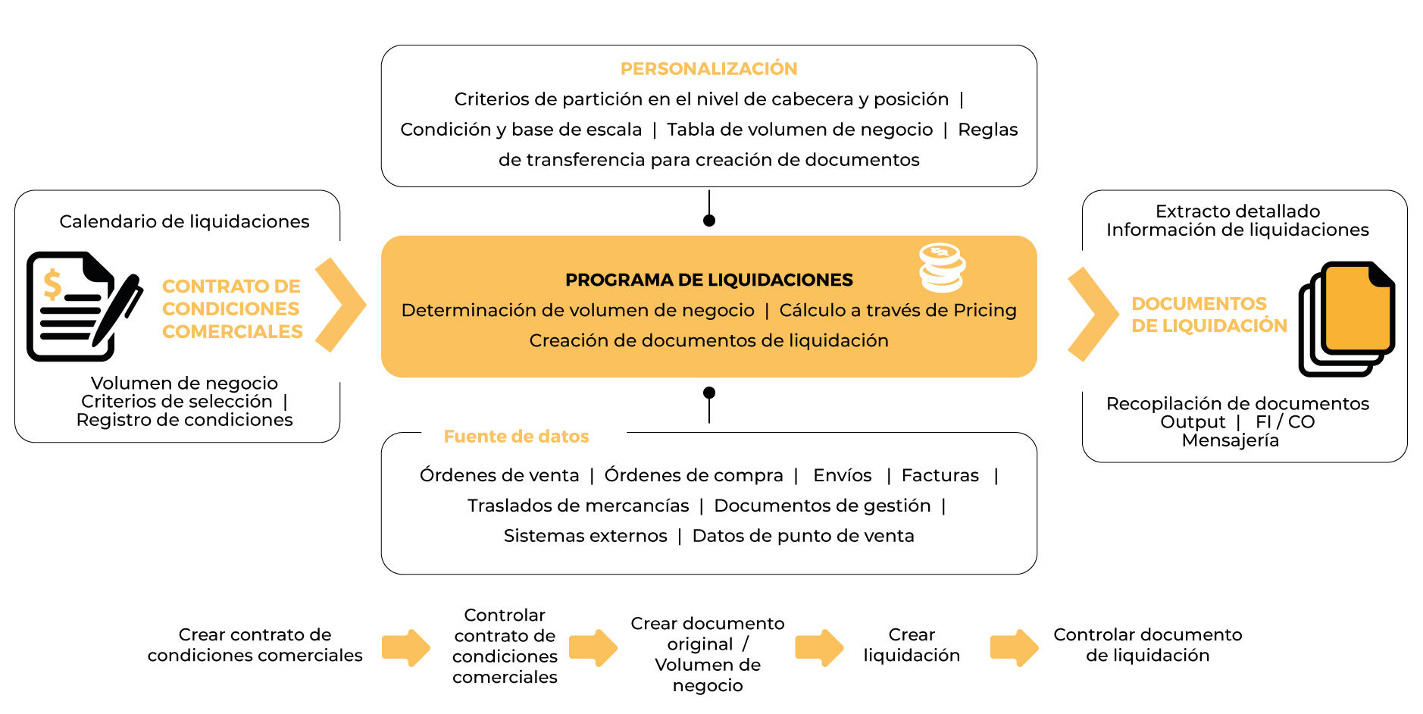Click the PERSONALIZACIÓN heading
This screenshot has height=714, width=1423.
708,69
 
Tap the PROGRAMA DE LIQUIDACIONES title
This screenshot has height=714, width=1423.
708,280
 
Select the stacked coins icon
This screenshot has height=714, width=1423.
942,268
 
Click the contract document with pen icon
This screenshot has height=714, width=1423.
82,305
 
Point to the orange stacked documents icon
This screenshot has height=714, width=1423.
1348,318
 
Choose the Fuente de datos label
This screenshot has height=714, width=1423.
516,437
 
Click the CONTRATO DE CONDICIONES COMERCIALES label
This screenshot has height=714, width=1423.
232,308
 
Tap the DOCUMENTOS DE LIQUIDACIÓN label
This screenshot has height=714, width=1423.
1209,315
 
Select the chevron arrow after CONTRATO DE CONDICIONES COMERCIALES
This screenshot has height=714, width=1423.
341,305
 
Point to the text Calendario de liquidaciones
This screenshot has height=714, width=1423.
184,221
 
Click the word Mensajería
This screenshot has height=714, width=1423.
1230,440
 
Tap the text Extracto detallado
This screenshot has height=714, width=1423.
1237,211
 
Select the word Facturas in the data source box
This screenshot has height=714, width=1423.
940,475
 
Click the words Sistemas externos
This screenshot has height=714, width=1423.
585,536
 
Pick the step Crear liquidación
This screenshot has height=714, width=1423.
912,645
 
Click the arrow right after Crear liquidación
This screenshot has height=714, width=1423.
1014,647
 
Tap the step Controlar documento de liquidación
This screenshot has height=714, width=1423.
1147,645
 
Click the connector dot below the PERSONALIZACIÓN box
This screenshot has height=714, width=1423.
709,221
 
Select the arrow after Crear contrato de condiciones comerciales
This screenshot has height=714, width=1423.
406,647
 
